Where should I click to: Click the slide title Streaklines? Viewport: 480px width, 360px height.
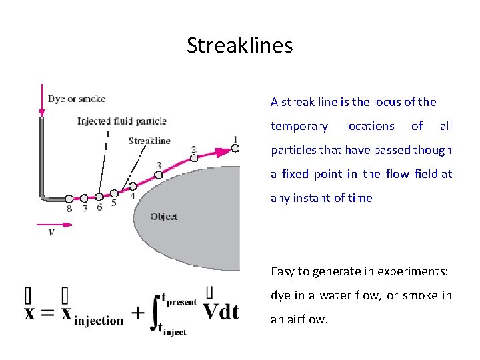[239, 45]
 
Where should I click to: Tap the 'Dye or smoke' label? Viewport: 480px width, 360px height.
[76, 99]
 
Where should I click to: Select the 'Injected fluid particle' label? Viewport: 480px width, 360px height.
[121, 121]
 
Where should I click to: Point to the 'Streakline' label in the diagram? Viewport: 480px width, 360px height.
[149, 141]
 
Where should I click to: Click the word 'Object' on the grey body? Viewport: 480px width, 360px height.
[163, 217]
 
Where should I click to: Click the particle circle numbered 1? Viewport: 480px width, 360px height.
[235, 148]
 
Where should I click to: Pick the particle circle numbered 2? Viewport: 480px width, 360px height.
[194, 158]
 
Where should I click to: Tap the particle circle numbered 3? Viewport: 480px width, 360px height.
[159, 174]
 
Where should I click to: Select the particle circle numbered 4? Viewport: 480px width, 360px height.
[133, 186]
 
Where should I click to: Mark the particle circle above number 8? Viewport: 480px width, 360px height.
[69, 198]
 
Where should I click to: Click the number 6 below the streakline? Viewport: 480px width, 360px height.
[99, 208]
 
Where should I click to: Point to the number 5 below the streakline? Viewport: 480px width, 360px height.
[114, 203]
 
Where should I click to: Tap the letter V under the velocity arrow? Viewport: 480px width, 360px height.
[51, 233]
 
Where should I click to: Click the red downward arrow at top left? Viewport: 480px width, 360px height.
[42, 100]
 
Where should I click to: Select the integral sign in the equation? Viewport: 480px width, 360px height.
[157, 313]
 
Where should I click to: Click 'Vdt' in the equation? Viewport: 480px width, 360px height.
[221, 311]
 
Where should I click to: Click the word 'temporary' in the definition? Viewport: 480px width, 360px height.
[299, 126]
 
